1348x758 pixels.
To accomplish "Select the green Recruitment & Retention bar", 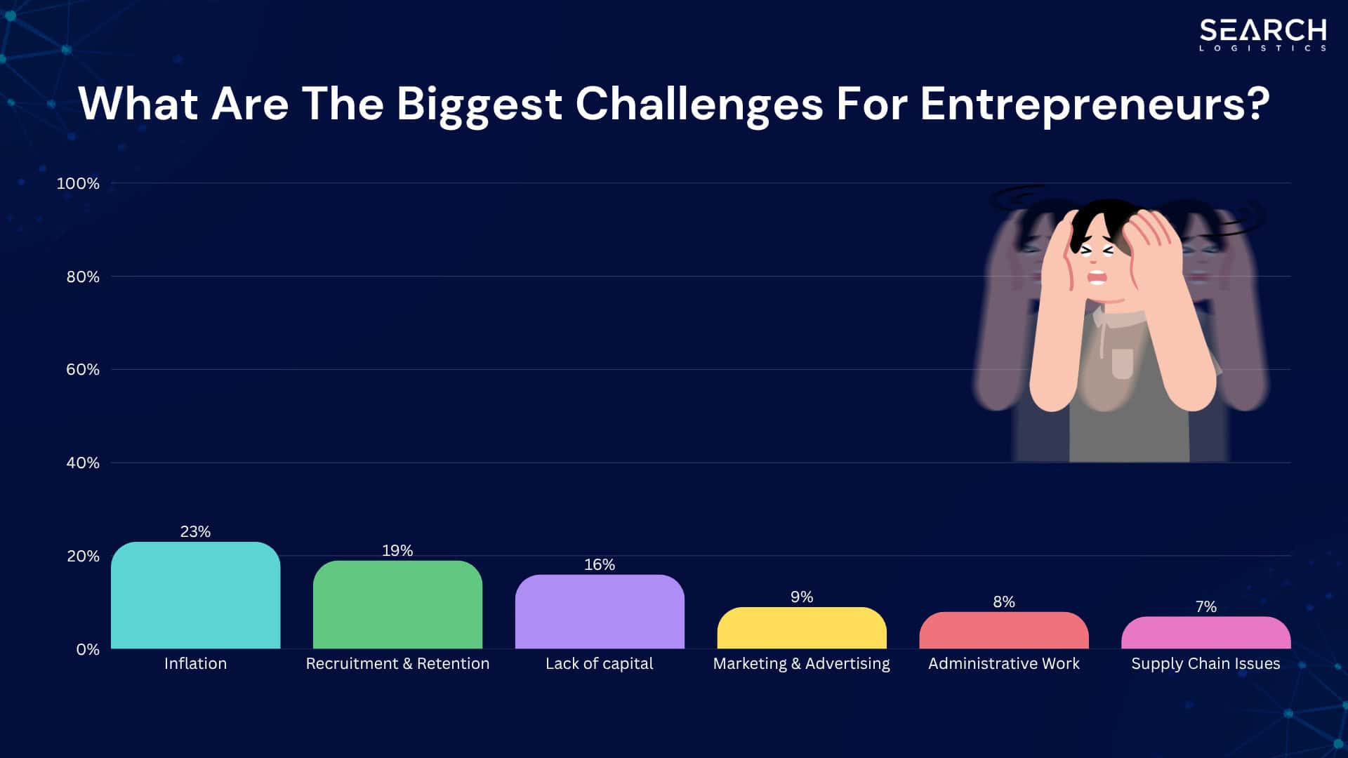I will coord(397,604).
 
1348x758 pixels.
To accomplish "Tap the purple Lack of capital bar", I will coord(600,611).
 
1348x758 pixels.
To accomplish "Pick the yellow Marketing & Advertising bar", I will coord(802,628).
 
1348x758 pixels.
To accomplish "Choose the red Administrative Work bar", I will coord(1004,630).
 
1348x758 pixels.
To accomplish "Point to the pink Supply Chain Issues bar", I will coord(1205,632).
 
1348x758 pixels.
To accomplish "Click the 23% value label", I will coord(195,531).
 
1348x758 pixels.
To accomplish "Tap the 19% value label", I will coord(397,550).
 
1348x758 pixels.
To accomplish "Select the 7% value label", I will coord(1205,606).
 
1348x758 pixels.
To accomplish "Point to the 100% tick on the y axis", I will coord(78,183).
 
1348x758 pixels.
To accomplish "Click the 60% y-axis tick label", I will coord(83,369).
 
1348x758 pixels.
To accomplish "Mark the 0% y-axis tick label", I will coord(88,649).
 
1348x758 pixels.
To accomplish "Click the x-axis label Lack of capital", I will coord(600,663).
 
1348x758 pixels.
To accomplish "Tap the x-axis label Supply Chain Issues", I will coord(1205,663).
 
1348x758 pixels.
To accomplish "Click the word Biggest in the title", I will coord(479,104).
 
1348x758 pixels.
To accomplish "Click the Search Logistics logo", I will coord(1262,34).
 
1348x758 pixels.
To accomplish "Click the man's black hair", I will coord(1102,214).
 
